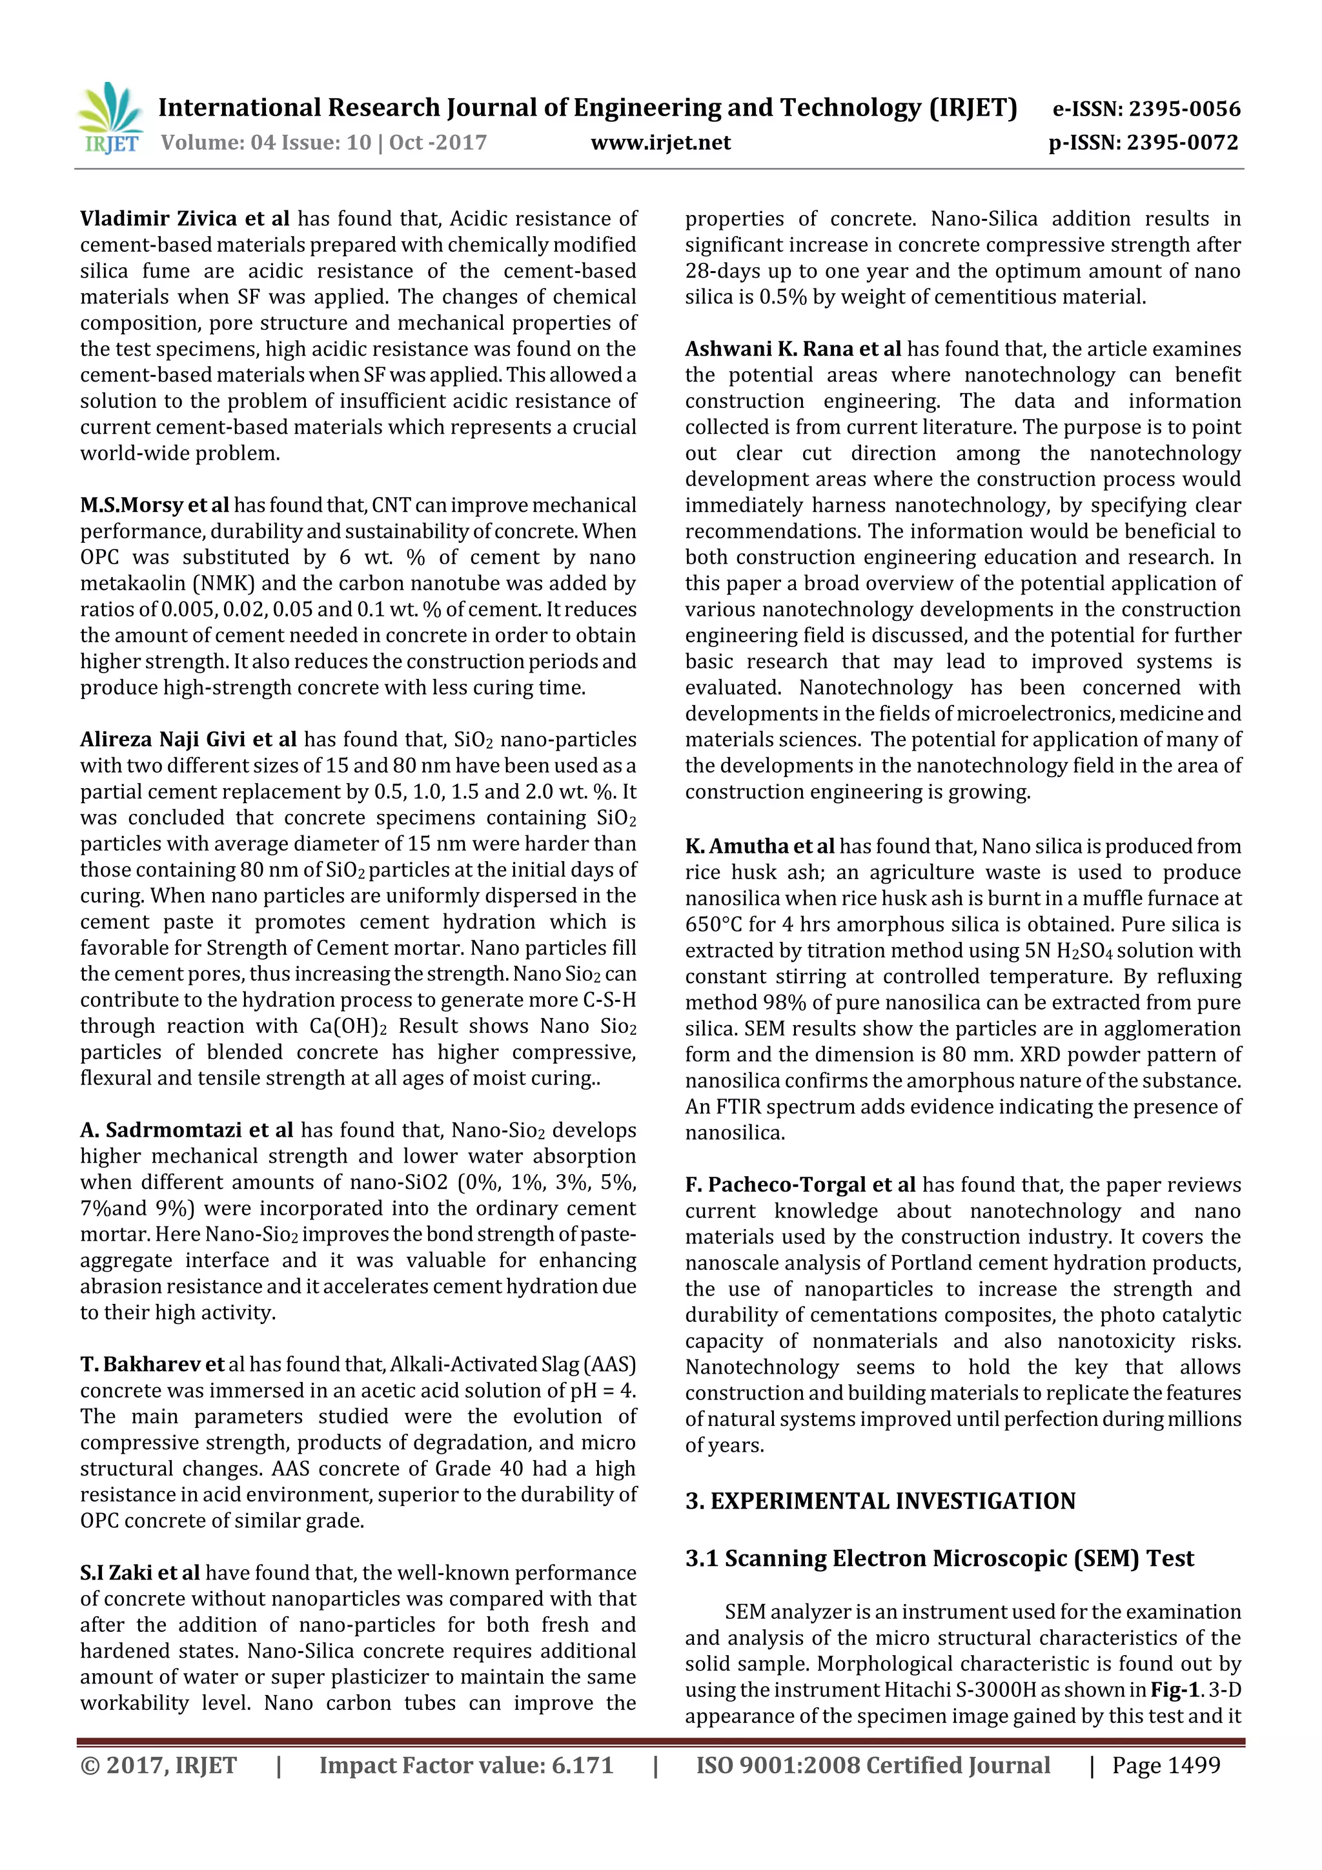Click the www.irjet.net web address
coord(660,143)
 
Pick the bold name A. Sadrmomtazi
coord(161,1130)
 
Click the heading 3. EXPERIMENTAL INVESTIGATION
coord(880,1501)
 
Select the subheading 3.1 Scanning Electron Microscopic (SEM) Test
coord(939,1558)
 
